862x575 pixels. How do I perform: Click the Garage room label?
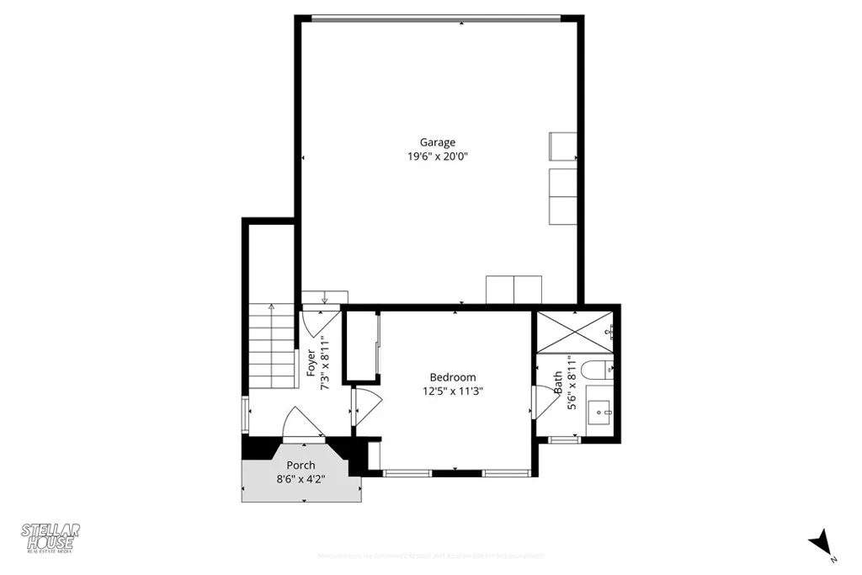[x=438, y=142]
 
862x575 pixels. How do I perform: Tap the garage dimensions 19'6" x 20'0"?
[x=438, y=156]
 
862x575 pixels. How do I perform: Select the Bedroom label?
[x=453, y=377]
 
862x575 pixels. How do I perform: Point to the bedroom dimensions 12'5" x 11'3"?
[x=453, y=391]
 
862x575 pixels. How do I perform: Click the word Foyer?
[x=311, y=364]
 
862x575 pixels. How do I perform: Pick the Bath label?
[x=558, y=384]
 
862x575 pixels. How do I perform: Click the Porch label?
[x=301, y=466]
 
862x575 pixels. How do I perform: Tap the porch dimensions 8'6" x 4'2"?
[x=301, y=479]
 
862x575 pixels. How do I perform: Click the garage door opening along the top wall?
[x=438, y=17]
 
